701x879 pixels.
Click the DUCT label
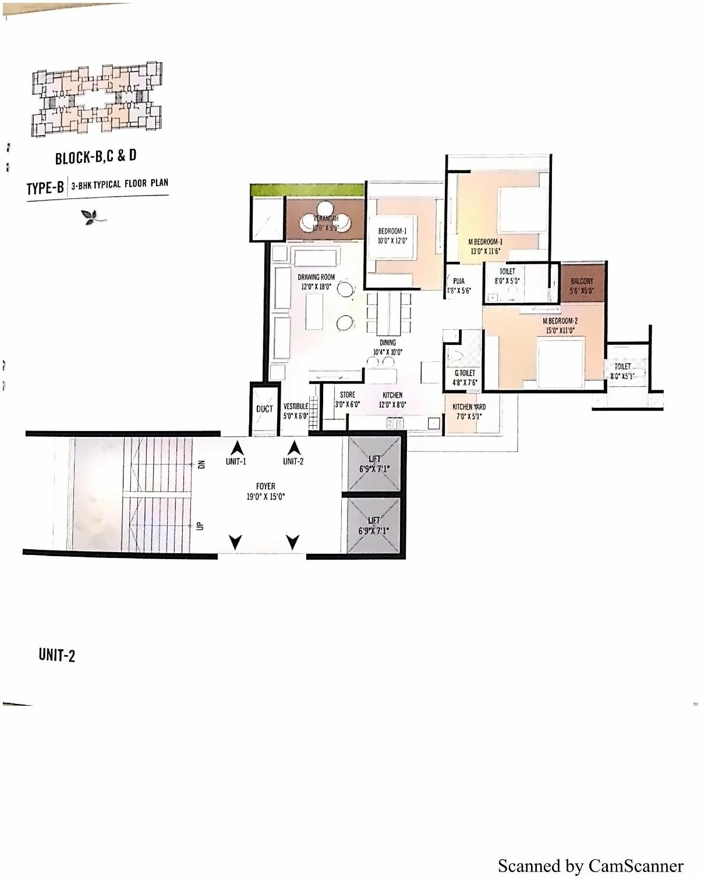(264, 409)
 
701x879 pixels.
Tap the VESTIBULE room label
(296, 407)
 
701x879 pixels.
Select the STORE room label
(348, 395)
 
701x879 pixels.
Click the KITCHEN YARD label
(469, 407)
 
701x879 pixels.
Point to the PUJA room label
(459, 282)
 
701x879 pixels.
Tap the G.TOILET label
(465, 373)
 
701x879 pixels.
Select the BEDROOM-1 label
(392, 232)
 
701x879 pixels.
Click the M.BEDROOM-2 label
(560, 321)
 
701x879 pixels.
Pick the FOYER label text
(265, 486)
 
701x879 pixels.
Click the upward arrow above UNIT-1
(237, 449)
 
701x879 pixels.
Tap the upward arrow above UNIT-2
(294, 449)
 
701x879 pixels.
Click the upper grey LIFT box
(374, 464)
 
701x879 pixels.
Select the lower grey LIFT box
(374, 526)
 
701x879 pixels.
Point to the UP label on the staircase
(200, 525)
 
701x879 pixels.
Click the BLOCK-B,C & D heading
(96, 157)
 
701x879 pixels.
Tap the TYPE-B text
(45, 188)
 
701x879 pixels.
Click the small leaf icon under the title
(93, 217)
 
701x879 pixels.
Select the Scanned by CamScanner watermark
(590, 866)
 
